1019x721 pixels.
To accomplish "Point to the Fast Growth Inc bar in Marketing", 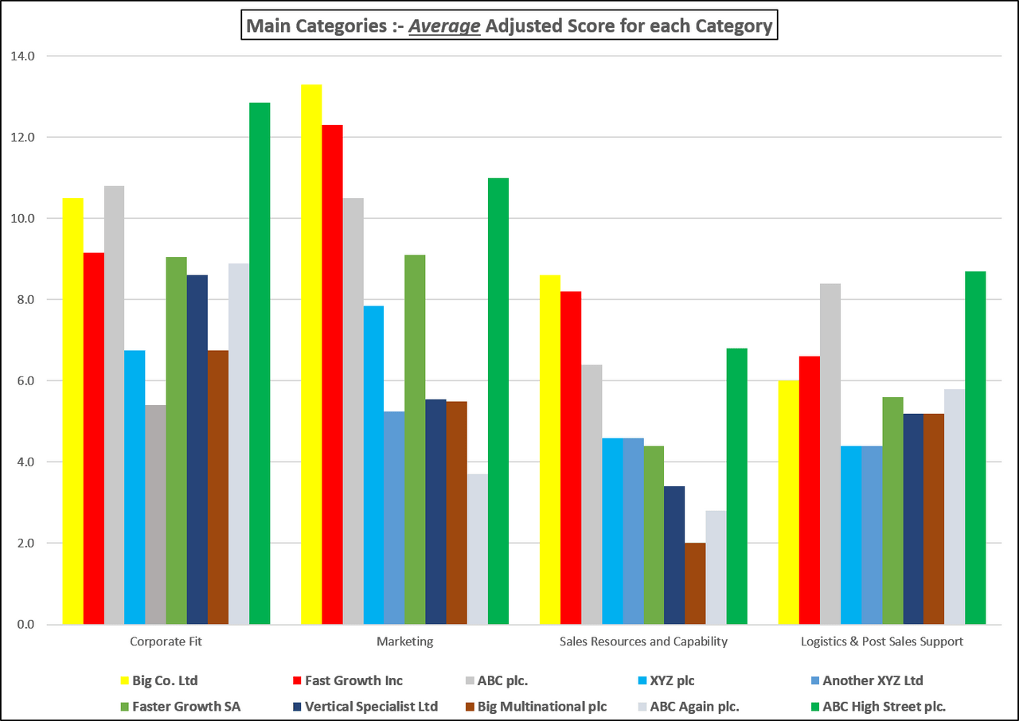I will [x=332, y=374].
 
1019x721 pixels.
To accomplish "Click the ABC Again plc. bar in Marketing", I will [x=477, y=549].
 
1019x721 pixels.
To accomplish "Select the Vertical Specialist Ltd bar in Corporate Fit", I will [x=197, y=450].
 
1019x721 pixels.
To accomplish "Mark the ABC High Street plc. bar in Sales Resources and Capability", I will [x=736, y=486].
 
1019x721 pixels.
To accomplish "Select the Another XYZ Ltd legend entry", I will [x=873, y=680].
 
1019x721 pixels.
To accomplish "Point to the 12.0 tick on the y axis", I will [x=24, y=138].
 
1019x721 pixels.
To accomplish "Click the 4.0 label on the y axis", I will [x=24, y=462].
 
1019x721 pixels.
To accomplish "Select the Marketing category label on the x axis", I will [x=404, y=641].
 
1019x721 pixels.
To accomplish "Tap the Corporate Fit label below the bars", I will [x=166, y=641].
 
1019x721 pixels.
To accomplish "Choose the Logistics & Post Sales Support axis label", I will [x=881, y=641].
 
